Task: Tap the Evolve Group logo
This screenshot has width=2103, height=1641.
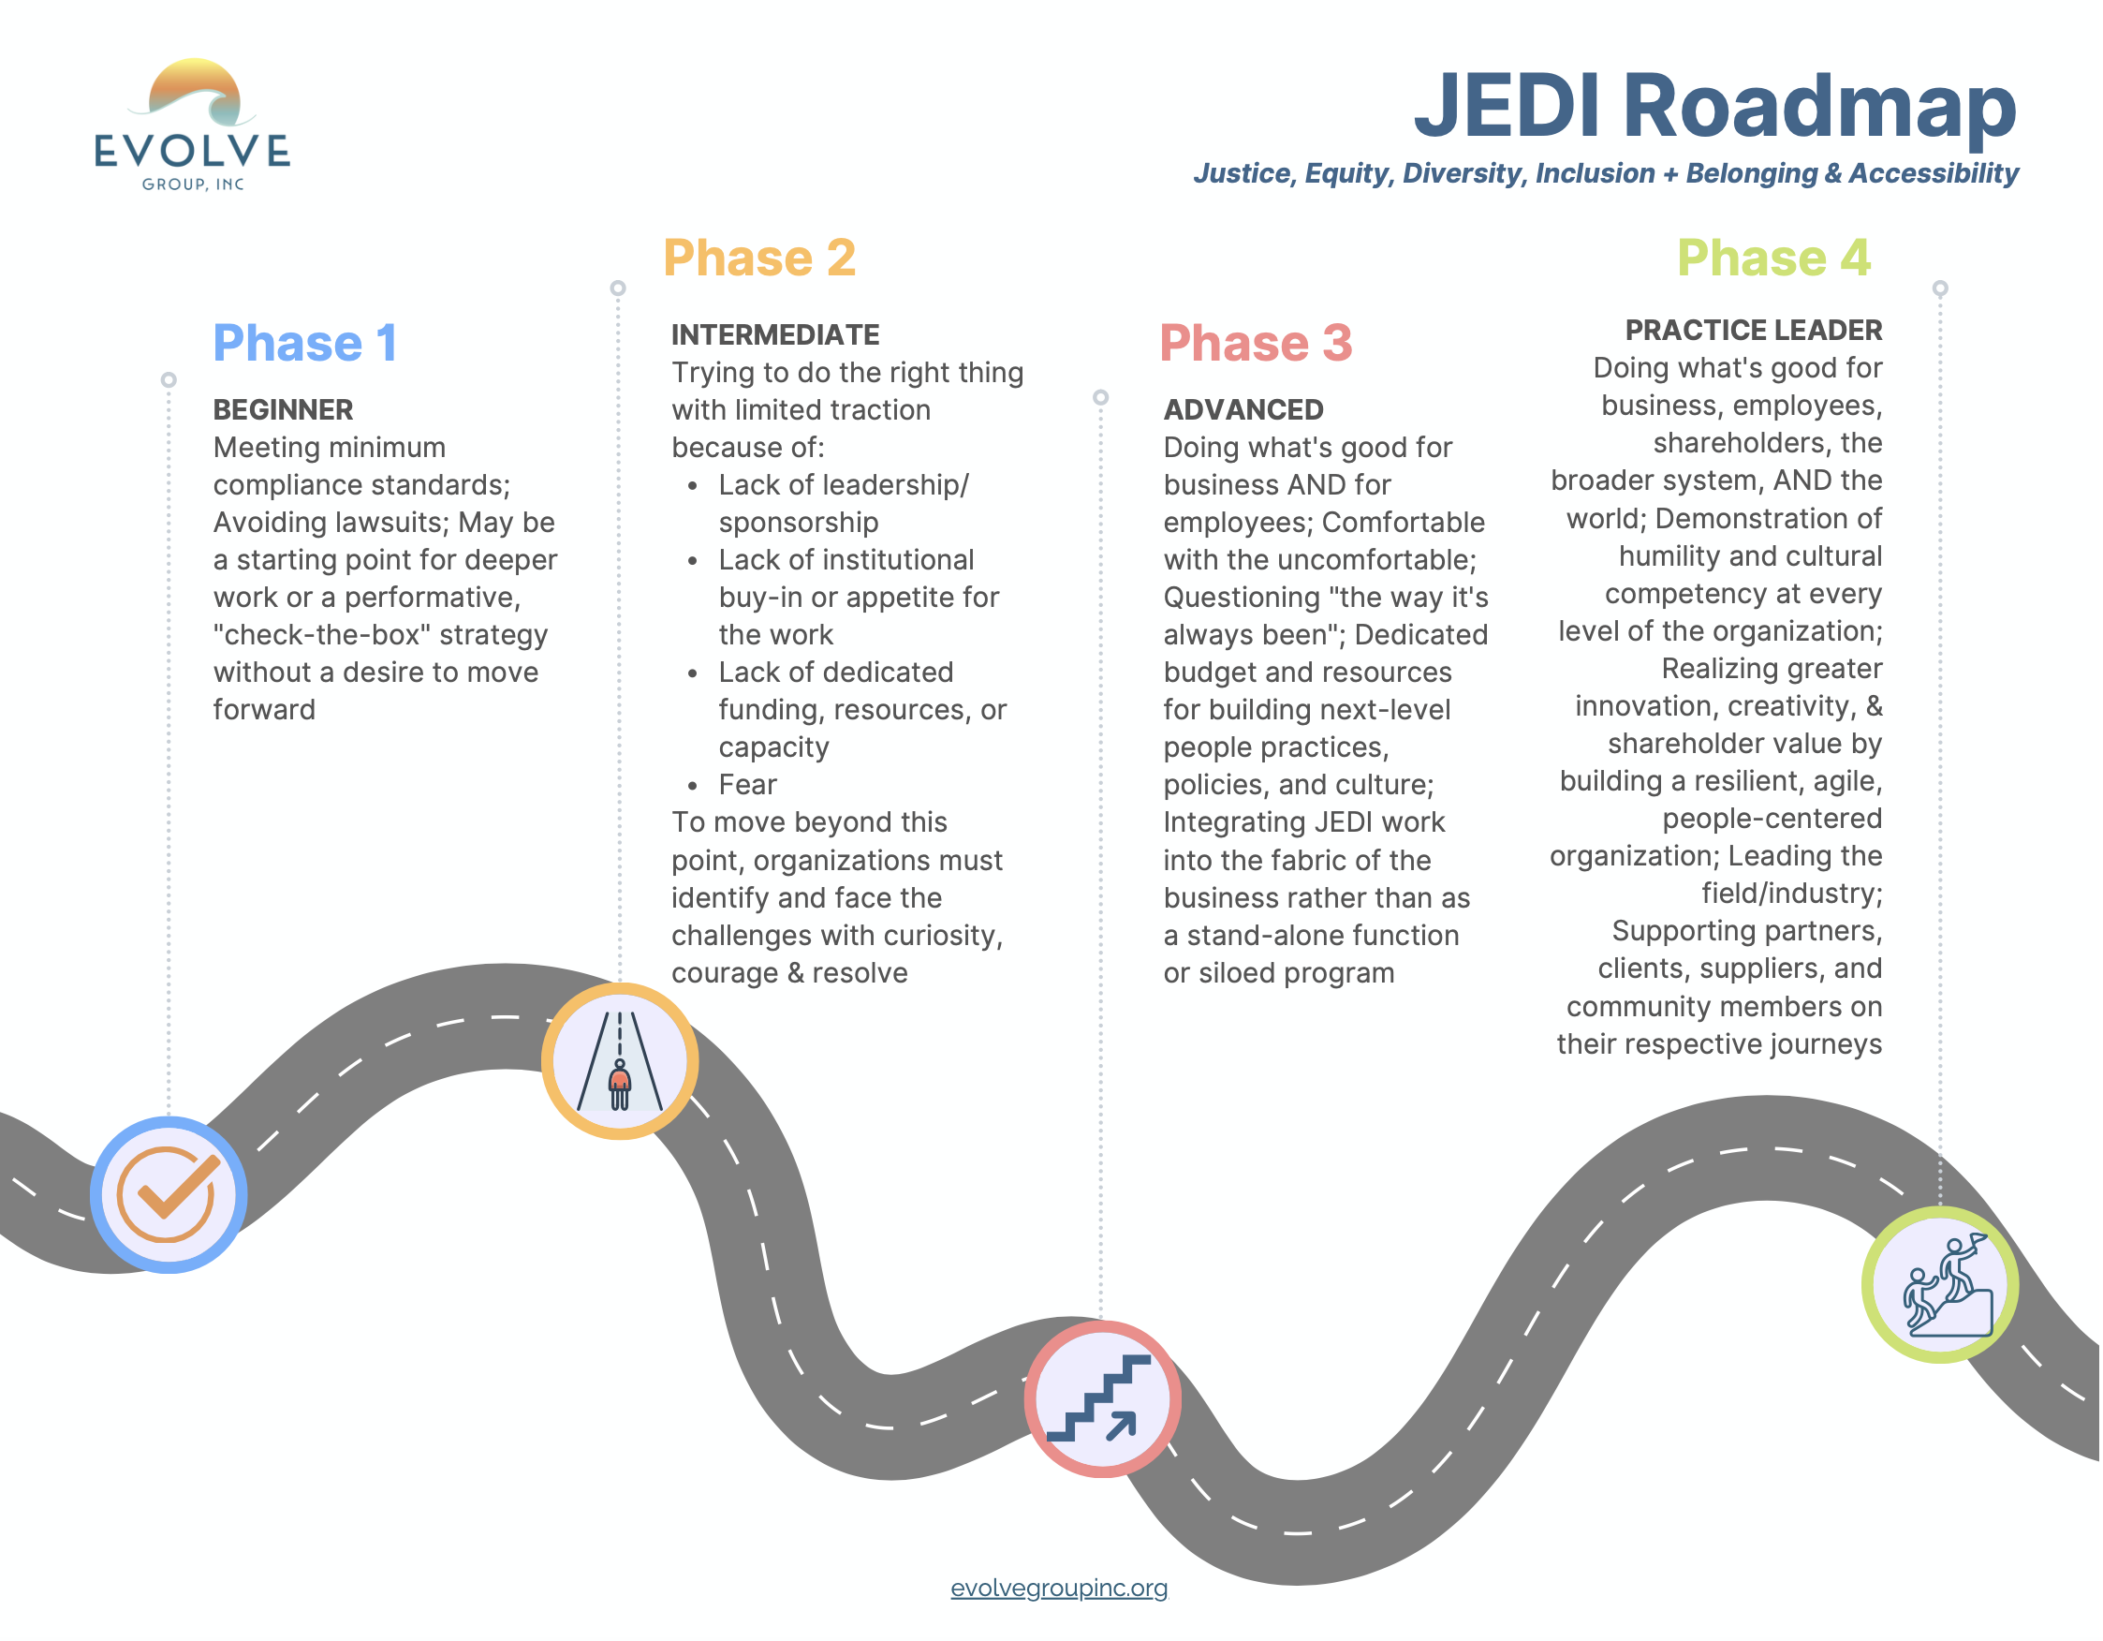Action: point(193,126)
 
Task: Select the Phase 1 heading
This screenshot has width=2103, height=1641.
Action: point(304,344)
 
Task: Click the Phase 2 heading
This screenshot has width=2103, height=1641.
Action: point(758,259)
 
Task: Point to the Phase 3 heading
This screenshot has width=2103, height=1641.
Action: point(1255,344)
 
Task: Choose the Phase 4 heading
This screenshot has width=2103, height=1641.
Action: point(1772,259)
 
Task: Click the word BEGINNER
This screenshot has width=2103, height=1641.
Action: point(283,410)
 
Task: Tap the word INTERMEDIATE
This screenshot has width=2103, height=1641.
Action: point(775,335)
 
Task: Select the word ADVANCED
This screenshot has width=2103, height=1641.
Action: point(1243,410)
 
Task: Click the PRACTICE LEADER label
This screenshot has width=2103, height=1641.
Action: point(1753,331)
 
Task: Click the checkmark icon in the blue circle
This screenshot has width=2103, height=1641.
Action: point(169,1194)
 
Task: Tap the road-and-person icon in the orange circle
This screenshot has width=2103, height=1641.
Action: point(619,1061)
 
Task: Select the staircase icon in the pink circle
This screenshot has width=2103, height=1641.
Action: point(1101,1398)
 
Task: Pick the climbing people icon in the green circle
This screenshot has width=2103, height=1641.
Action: point(1939,1285)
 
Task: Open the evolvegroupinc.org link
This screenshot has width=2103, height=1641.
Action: point(1058,1588)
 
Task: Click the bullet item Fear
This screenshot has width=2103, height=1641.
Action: point(747,785)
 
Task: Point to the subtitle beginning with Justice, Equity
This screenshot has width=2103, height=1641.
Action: point(1605,173)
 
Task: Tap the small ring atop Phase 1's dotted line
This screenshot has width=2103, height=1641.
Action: point(169,379)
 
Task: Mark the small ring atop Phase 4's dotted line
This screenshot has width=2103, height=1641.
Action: point(1939,288)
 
